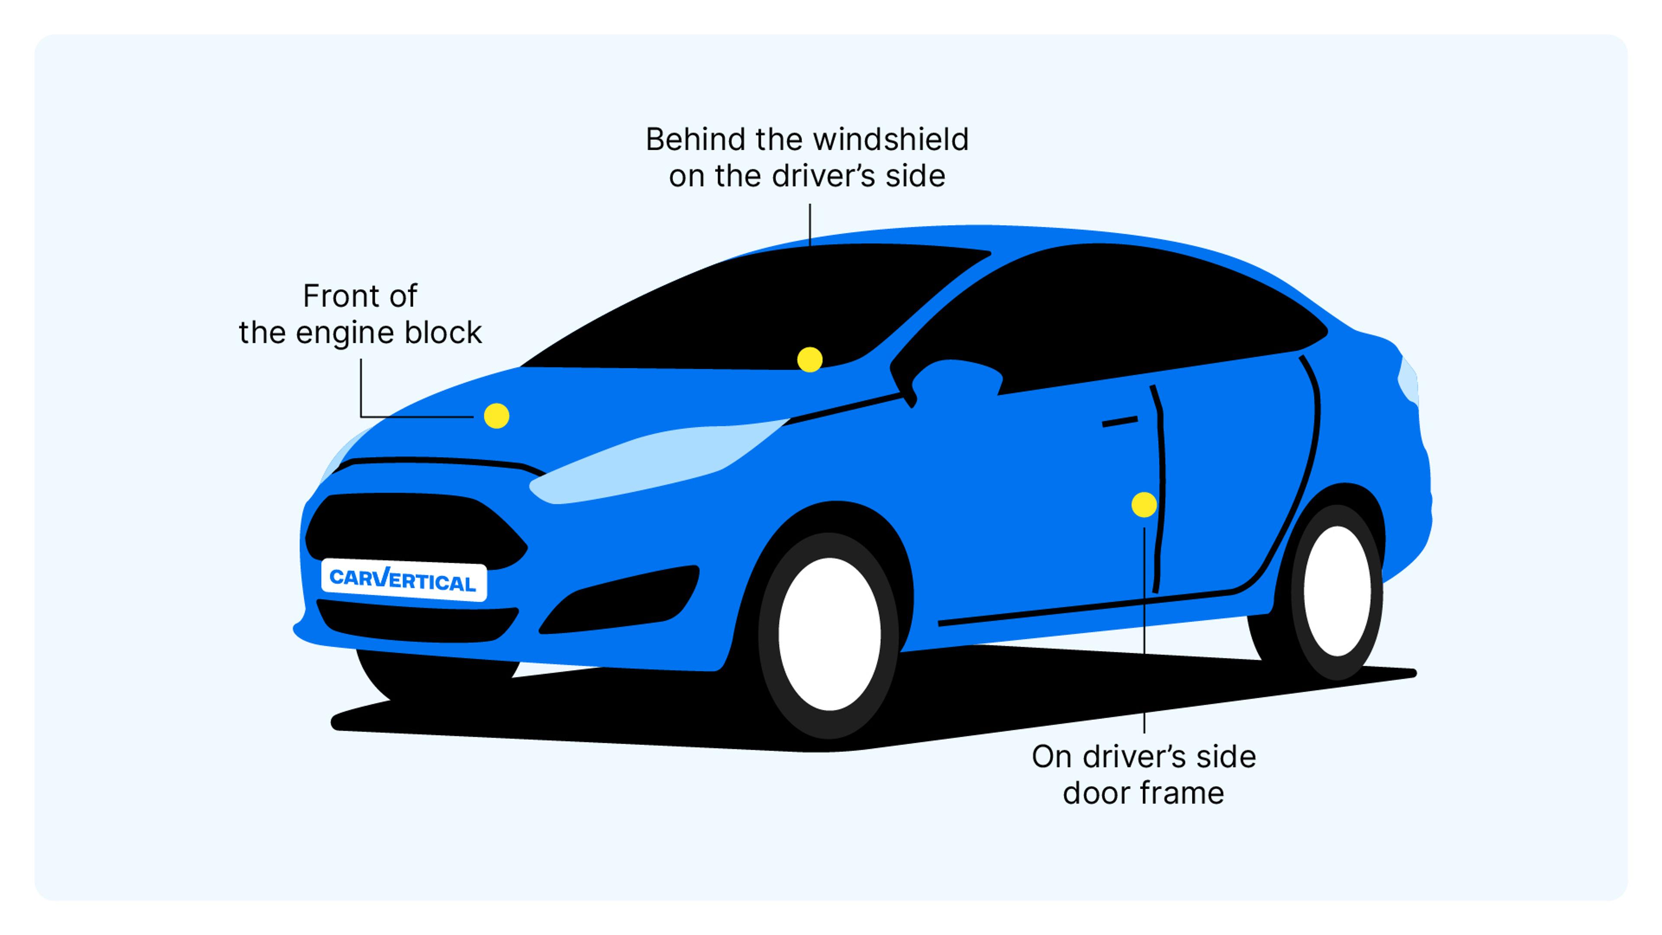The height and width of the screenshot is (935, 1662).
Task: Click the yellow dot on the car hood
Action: tap(496, 416)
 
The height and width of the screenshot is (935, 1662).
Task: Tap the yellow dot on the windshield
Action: tap(810, 359)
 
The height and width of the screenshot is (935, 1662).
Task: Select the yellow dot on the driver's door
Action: tap(1144, 505)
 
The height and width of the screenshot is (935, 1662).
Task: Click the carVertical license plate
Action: tap(404, 580)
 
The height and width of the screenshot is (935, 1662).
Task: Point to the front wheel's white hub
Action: tap(830, 634)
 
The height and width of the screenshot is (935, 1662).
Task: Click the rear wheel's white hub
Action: tap(1337, 590)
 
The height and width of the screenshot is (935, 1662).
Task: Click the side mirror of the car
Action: tap(955, 377)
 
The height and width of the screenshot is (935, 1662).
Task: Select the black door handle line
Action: tap(1119, 421)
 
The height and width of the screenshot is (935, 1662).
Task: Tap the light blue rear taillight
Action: tap(1408, 381)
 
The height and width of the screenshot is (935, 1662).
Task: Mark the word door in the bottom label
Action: tap(1091, 793)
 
